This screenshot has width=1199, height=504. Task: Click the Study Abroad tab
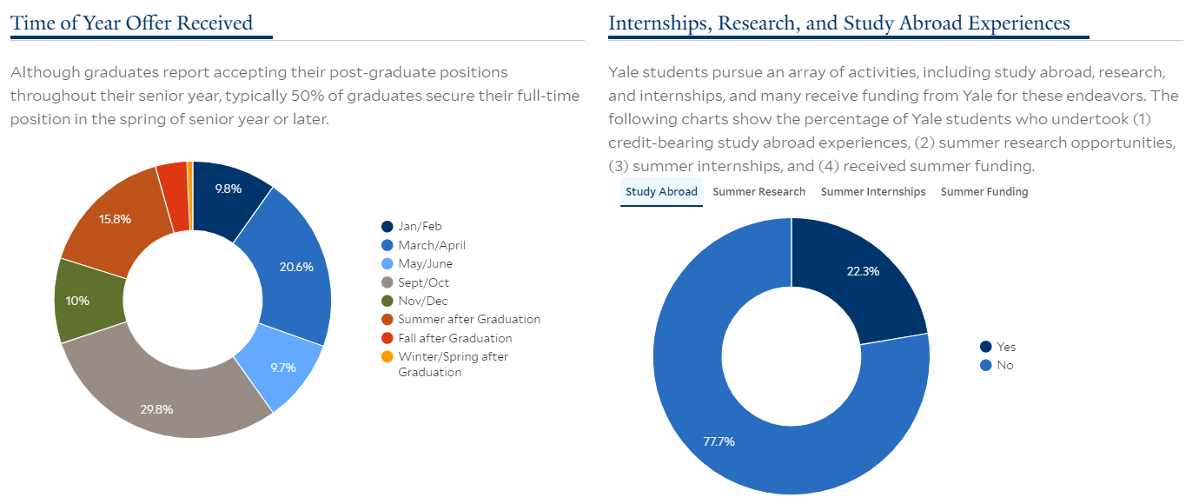661,192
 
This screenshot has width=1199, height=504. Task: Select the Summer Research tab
758,192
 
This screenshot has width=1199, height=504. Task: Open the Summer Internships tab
872,192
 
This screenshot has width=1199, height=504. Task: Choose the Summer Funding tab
984,192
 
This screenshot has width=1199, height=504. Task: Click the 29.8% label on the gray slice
156,409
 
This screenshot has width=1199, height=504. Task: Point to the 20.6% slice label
296,267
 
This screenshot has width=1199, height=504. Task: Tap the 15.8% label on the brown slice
115,219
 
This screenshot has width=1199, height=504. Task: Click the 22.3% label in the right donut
863,271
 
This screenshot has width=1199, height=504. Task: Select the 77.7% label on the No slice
719,441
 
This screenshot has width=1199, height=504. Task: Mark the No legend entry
997,365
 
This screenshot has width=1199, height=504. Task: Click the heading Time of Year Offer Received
131,23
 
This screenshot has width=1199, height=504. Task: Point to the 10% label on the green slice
77,301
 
